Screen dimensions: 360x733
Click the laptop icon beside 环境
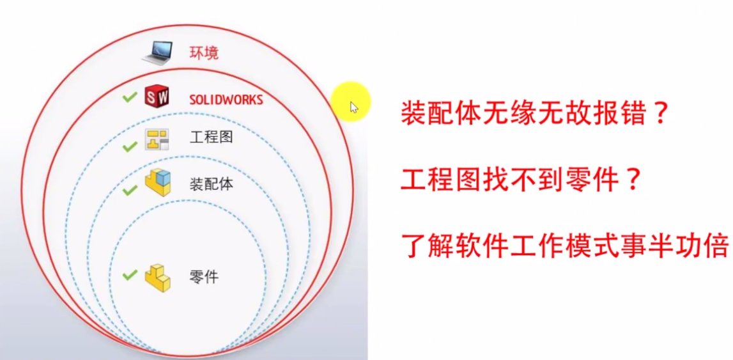coord(157,52)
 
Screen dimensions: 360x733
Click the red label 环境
coord(204,52)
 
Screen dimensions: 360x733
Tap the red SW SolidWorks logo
coord(157,98)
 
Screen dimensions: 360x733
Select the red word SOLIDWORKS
coord(226,100)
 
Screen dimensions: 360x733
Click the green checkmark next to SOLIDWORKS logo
coord(129,98)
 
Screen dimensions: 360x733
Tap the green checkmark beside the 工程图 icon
coord(130,146)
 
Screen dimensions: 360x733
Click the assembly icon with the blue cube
coord(158,183)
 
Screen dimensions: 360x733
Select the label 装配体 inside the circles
coord(211,185)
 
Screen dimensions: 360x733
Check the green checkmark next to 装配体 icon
coord(130,189)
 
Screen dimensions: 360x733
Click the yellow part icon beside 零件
coord(157,278)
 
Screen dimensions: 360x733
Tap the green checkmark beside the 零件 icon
coord(130,275)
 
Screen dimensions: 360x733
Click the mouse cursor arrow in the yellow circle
coord(353,107)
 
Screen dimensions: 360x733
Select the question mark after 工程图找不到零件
coord(632,181)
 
